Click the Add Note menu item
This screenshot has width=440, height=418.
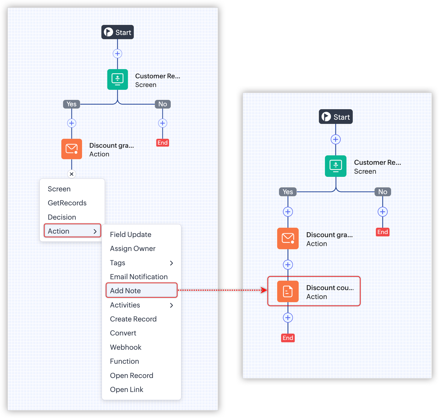pyautogui.click(x=125, y=291)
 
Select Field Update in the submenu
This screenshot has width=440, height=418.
pyautogui.click(x=130, y=234)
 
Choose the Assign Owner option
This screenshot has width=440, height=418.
pyautogui.click(x=132, y=248)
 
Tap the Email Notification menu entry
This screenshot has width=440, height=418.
pyautogui.click(x=139, y=277)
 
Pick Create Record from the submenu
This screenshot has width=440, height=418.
pyautogui.click(x=133, y=319)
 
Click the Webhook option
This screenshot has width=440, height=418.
pyautogui.click(x=125, y=347)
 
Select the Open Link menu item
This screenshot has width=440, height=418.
pyautogui.click(x=127, y=389)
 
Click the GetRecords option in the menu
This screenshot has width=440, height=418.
pyautogui.click(x=67, y=203)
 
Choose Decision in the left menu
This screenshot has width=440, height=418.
pyautogui.click(x=62, y=217)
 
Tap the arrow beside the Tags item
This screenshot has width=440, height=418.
pyautogui.click(x=172, y=263)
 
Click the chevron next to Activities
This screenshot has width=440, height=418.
pyautogui.click(x=172, y=305)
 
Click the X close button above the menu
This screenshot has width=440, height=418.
pyautogui.click(x=72, y=174)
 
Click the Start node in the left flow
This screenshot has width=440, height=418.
pyautogui.click(x=118, y=32)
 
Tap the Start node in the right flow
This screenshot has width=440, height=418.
pyautogui.click(x=336, y=117)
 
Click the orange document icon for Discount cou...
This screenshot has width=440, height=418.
pyautogui.click(x=288, y=292)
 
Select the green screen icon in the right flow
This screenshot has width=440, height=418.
pyautogui.click(x=336, y=166)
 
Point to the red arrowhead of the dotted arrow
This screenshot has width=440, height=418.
pyautogui.click(x=264, y=290)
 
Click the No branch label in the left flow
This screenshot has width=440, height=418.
pyautogui.click(x=163, y=104)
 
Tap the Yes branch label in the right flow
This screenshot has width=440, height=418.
pyautogui.click(x=288, y=192)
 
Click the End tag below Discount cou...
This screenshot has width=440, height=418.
pyautogui.click(x=288, y=338)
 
